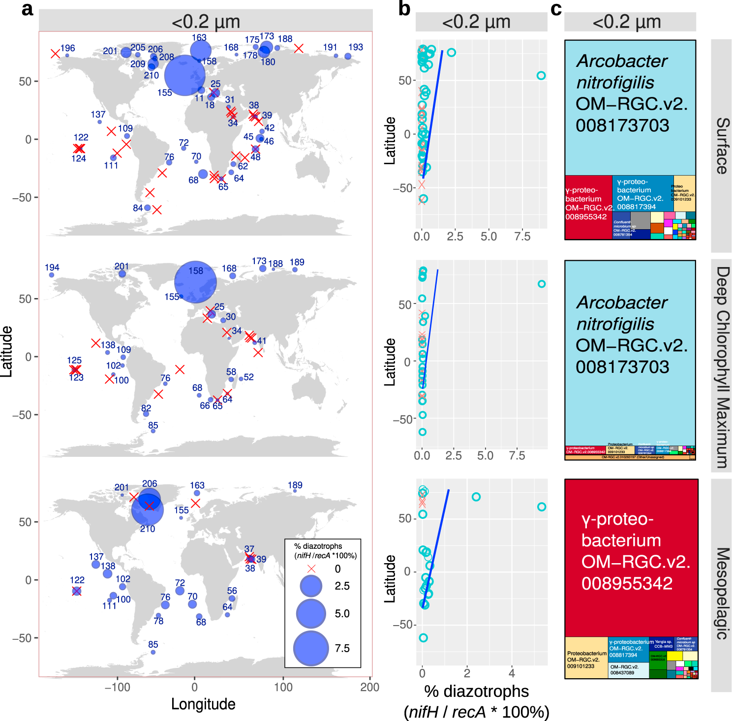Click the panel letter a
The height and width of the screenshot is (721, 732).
(28, 9)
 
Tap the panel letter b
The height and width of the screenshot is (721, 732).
(404, 9)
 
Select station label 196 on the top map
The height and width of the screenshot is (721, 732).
(67, 48)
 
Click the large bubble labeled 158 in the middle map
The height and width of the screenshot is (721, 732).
(195, 282)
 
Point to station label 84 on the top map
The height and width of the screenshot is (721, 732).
(138, 208)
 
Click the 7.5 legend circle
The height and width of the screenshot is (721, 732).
(311, 648)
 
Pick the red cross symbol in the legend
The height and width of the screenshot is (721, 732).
(311, 569)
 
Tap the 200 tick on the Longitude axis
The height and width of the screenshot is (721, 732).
(369, 688)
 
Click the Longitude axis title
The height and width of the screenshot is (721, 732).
(203, 704)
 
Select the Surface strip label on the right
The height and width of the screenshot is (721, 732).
(721, 146)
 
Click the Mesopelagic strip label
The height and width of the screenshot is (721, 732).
(721, 593)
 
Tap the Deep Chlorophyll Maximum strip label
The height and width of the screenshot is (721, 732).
(721, 367)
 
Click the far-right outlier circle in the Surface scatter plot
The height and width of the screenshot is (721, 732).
(541, 76)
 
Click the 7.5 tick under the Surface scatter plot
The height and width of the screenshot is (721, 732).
(522, 237)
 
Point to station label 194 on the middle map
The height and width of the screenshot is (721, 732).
(52, 268)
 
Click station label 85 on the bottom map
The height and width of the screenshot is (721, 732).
(153, 644)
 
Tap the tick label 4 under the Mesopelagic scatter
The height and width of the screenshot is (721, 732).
(512, 673)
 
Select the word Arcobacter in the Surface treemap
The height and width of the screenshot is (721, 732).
(622, 61)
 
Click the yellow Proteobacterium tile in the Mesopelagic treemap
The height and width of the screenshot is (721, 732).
(586, 658)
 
